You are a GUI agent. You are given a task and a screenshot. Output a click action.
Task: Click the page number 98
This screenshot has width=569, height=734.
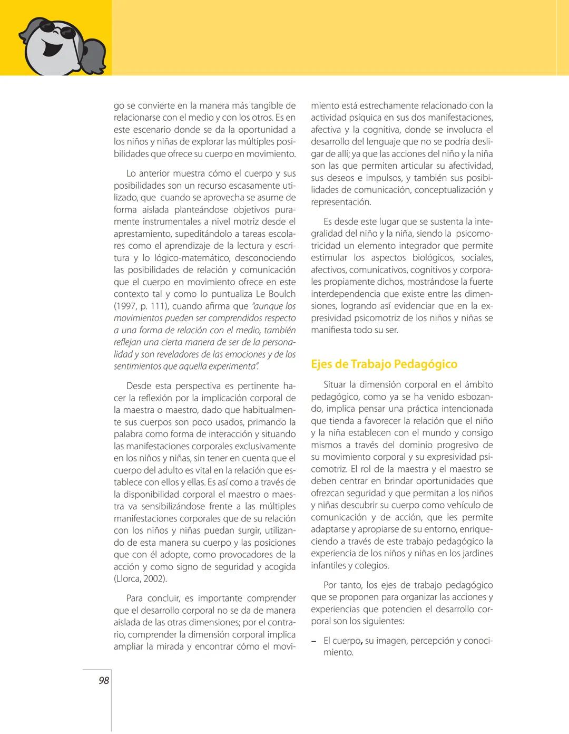coord(104,681)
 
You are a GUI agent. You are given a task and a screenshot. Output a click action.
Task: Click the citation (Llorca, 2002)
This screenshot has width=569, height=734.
coord(140,579)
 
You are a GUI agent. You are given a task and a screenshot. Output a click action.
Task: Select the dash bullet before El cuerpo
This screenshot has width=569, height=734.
coord(313,641)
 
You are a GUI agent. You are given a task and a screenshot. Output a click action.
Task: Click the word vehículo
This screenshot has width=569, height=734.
coord(470,506)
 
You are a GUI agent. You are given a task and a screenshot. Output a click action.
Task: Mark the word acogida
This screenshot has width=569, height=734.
coord(280,567)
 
